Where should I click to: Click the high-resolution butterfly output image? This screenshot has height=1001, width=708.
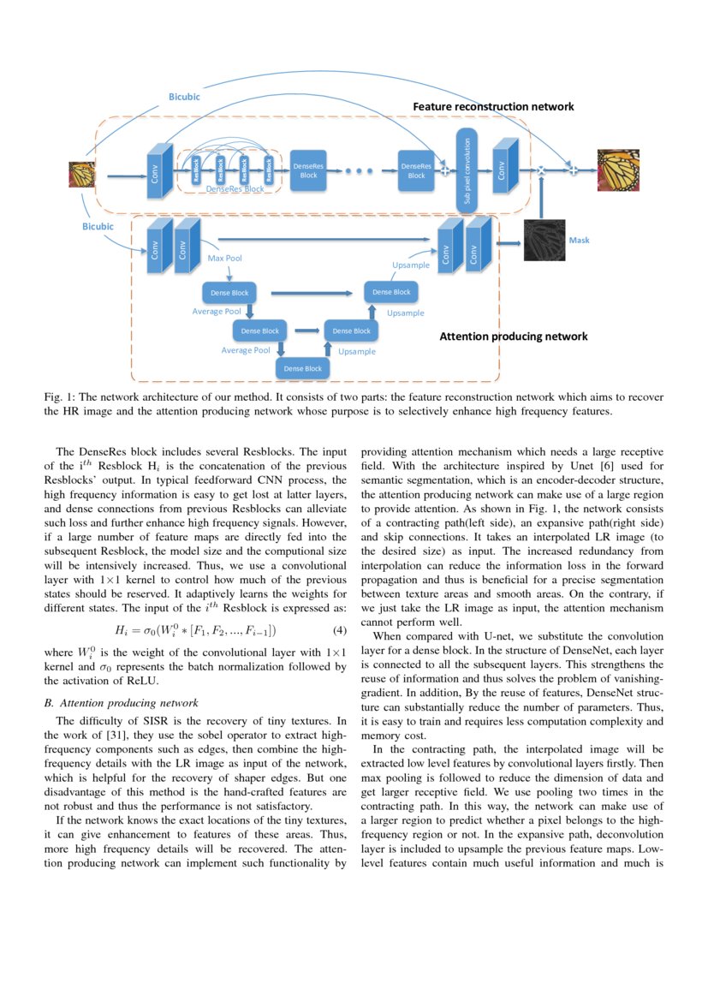(x=618, y=170)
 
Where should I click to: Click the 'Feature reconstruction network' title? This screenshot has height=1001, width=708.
(x=493, y=107)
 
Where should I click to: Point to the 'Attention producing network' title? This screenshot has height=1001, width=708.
(x=513, y=337)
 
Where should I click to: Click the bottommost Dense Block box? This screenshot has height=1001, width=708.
(x=303, y=368)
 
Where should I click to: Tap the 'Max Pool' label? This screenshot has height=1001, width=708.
(x=225, y=257)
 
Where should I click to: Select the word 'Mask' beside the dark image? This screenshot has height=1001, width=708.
(x=579, y=241)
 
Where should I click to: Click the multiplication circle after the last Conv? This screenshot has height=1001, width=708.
(x=541, y=170)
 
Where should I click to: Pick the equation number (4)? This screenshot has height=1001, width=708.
(x=338, y=630)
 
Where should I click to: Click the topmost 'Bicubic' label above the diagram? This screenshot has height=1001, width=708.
(x=184, y=97)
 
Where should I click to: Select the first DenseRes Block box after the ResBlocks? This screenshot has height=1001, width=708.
(x=308, y=170)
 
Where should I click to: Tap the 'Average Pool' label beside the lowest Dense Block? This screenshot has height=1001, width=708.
(x=246, y=350)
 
